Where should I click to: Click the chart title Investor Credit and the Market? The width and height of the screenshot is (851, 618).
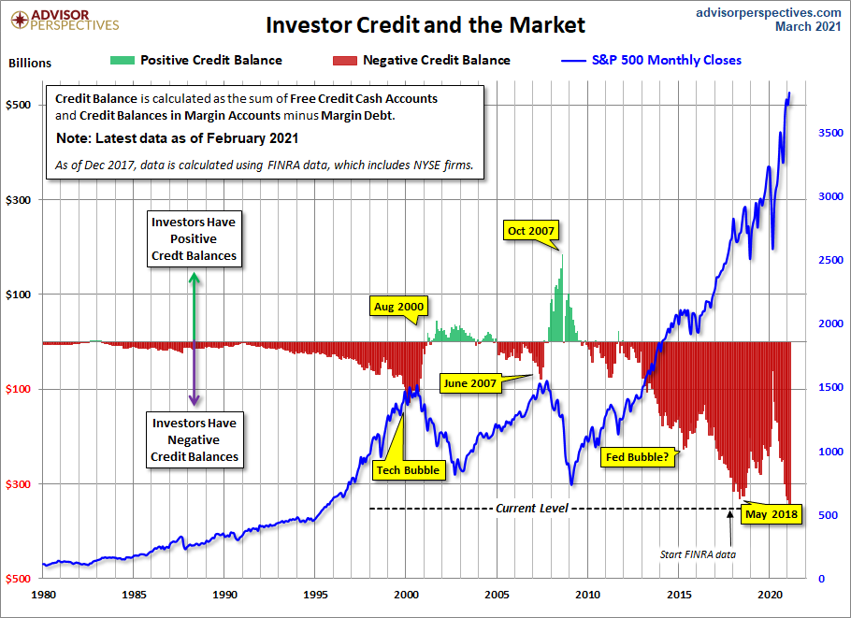coord(425,24)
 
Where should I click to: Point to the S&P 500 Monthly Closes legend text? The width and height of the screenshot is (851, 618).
coord(667,60)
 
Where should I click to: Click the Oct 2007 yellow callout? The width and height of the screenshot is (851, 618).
coord(530,231)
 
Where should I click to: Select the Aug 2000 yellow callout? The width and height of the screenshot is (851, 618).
coord(398,307)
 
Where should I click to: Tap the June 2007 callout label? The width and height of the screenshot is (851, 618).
coord(470,382)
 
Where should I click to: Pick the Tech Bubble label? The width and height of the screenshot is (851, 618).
coord(407,469)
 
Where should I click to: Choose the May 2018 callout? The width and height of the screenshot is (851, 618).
coord(772,513)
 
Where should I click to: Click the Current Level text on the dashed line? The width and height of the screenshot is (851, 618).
coord(531,508)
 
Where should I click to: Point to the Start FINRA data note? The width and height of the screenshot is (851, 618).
coord(698,554)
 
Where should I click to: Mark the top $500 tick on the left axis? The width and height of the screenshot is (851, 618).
coord(21,105)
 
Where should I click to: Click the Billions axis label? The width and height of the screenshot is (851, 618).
coord(30,64)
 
